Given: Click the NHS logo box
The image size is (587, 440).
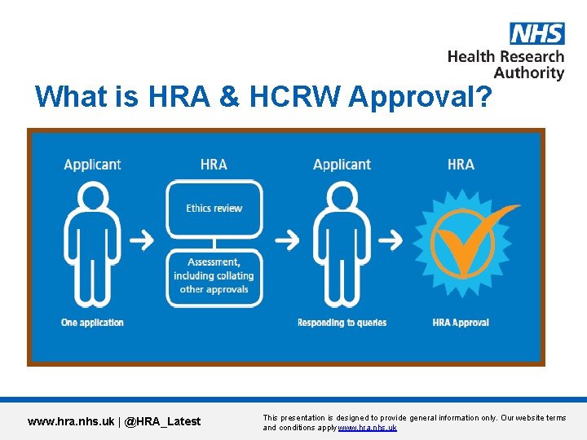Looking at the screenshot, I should click(536, 33).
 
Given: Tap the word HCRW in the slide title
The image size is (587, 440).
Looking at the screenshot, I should click(293, 97).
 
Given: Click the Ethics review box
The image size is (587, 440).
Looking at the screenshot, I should click(214, 209).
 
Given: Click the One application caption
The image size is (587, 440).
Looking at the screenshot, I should click(92, 323).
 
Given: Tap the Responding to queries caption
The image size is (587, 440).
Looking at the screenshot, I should click(342, 323).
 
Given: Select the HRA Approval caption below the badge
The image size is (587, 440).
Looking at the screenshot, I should click(461, 323).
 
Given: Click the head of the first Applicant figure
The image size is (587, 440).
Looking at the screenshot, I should click(94, 197).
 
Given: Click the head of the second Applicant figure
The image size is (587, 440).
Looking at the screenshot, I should click(342, 197).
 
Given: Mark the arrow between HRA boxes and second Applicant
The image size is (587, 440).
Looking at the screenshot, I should click(287, 240).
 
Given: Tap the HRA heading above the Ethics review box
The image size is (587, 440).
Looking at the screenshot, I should click(214, 165).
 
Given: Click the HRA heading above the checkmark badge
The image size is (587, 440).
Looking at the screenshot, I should click(461, 165).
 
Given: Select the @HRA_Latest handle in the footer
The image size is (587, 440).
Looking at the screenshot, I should click(162, 421).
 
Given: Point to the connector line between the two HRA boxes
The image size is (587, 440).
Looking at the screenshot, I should click(214, 243).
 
